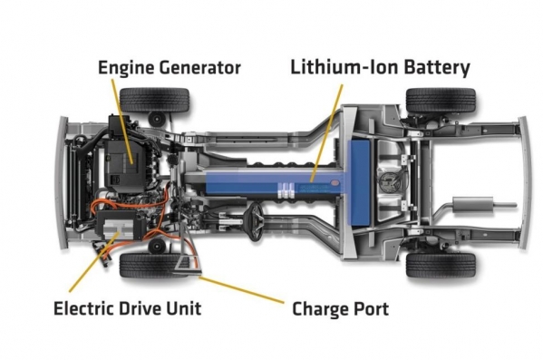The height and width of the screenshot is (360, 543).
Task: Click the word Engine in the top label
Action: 126,68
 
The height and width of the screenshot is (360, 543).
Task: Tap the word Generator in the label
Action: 200,68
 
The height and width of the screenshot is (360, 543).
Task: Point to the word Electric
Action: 83,308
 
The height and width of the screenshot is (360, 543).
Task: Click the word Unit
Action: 183,308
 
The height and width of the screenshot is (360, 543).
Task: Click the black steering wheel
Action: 257,222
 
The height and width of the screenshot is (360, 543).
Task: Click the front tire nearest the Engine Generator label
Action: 154,100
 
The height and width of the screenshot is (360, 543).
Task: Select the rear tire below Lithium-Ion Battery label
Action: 441,100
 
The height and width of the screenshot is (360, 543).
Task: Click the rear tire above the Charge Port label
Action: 441,266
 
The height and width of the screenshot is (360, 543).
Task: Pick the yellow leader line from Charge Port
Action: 241,289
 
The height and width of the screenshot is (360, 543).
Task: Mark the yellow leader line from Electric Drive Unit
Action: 94,262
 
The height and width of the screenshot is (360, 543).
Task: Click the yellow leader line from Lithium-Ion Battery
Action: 326,133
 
